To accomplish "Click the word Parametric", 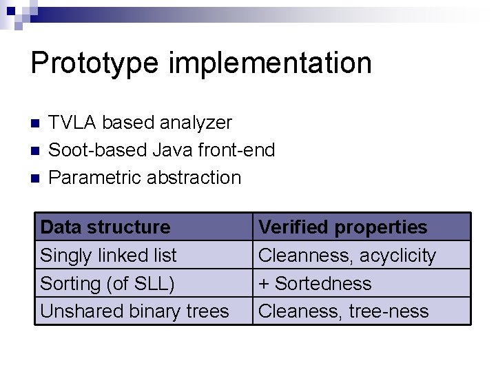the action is tap(96, 178).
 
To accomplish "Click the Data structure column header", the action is tap(105, 227).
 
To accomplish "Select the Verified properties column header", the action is tap(342, 227).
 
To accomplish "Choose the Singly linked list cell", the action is tap(108, 255).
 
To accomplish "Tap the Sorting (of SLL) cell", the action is tap(107, 283).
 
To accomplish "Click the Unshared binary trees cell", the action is tap(134, 311).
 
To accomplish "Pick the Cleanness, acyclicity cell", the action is tap(347, 256).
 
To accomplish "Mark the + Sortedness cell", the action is tap(315, 283).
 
